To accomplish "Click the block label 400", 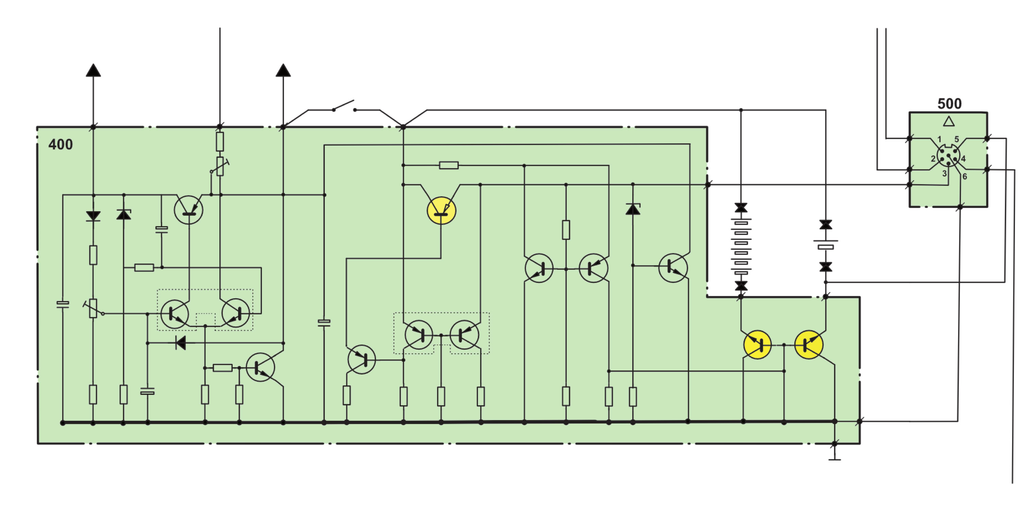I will click(61, 144).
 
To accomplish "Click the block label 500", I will click(949, 104).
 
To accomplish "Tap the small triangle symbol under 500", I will click(949, 121).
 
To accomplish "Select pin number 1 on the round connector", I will click(939, 139).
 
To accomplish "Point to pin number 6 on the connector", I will click(965, 176).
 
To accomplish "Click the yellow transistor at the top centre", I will click(441, 211).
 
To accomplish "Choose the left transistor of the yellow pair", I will click(757, 345).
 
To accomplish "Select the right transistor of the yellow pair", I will click(809, 345).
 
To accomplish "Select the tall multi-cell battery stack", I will click(741, 247).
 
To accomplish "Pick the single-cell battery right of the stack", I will click(826, 245).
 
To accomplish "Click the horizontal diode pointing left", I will click(181, 343).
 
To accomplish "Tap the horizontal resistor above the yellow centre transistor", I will click(449, 165).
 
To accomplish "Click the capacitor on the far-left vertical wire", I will click(63, 304).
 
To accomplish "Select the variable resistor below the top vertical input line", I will click(220, 166).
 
